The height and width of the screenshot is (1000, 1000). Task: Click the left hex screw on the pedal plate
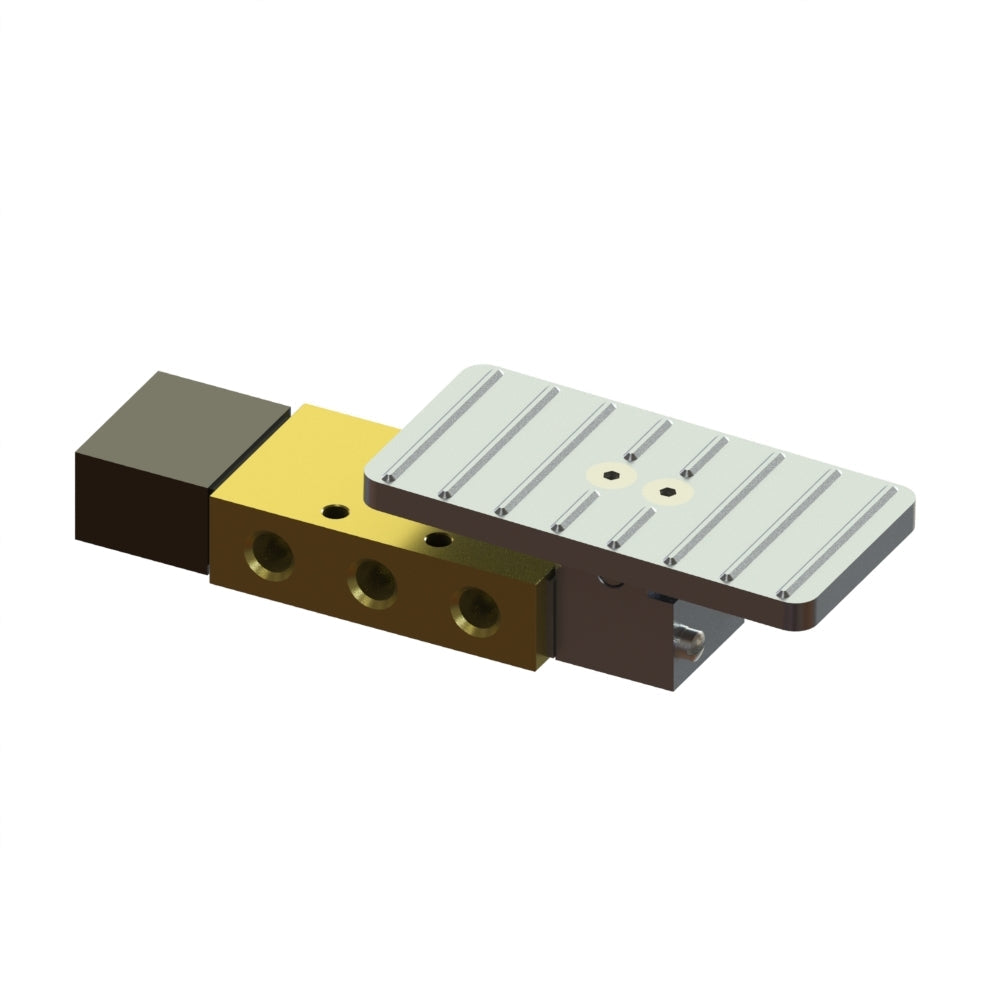point(613,476)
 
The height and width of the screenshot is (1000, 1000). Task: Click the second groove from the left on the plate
point(500,440)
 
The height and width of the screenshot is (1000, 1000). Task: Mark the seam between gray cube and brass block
point(211,530)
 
